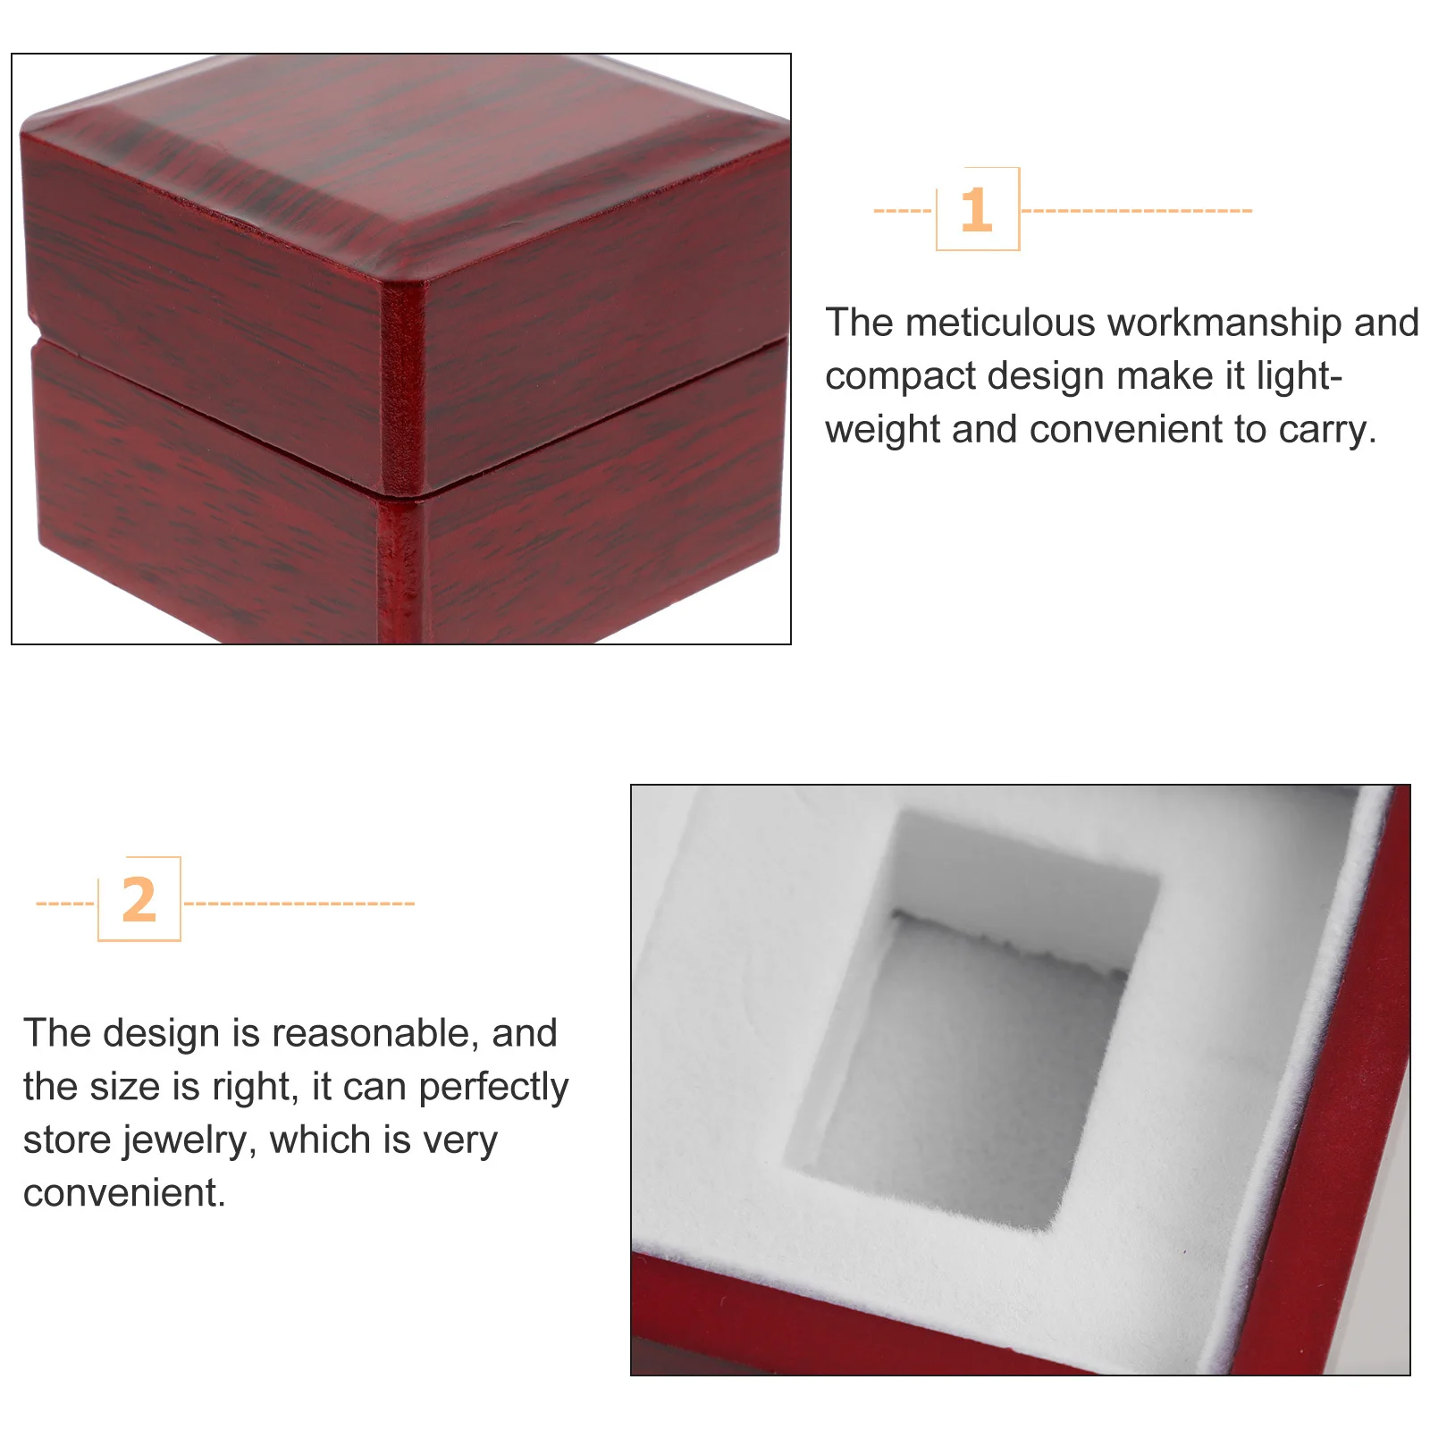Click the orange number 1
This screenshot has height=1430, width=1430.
[x=976, y=210]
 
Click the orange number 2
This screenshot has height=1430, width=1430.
[x=139, y=900]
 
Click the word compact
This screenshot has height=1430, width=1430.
[x=900, y=376]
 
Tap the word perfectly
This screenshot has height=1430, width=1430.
[x=492, y=1087]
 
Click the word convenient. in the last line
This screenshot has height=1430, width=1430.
[x=124, y=1193]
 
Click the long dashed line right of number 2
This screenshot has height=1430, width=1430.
[x=299, y=904]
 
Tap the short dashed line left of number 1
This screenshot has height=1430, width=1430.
[x=903, y=211]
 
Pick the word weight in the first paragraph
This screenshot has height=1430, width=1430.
[x=881, y=430]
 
